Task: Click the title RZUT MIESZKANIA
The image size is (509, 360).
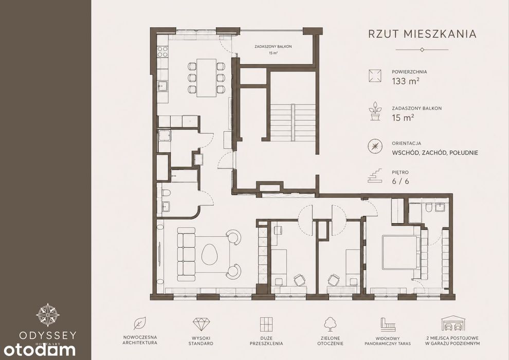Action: point(422,34)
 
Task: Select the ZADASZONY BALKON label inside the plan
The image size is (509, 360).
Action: point(273,46)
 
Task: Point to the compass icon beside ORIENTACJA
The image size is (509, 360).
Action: point(375,147)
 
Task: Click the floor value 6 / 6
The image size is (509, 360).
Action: point(400,181)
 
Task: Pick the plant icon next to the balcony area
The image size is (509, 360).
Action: point(375,112)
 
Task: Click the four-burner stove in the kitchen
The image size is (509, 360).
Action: point(162,51)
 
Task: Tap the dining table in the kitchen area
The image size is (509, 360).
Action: point(207,78)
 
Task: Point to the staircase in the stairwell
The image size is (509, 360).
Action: point(293,122)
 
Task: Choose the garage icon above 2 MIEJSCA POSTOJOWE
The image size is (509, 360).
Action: point(453,323)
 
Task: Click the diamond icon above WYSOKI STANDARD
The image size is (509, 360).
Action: point(201,324)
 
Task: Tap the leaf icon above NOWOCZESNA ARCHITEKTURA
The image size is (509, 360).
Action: point(140,323)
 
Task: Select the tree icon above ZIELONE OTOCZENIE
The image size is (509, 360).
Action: point(330,324)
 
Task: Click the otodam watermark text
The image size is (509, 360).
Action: point(40,350)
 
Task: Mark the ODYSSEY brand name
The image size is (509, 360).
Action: point(48,335)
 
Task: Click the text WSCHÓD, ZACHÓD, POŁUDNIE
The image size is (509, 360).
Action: point(435,153)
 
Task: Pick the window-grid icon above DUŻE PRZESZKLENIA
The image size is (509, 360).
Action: point(266,324)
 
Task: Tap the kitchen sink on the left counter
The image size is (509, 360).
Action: point(162,86)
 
